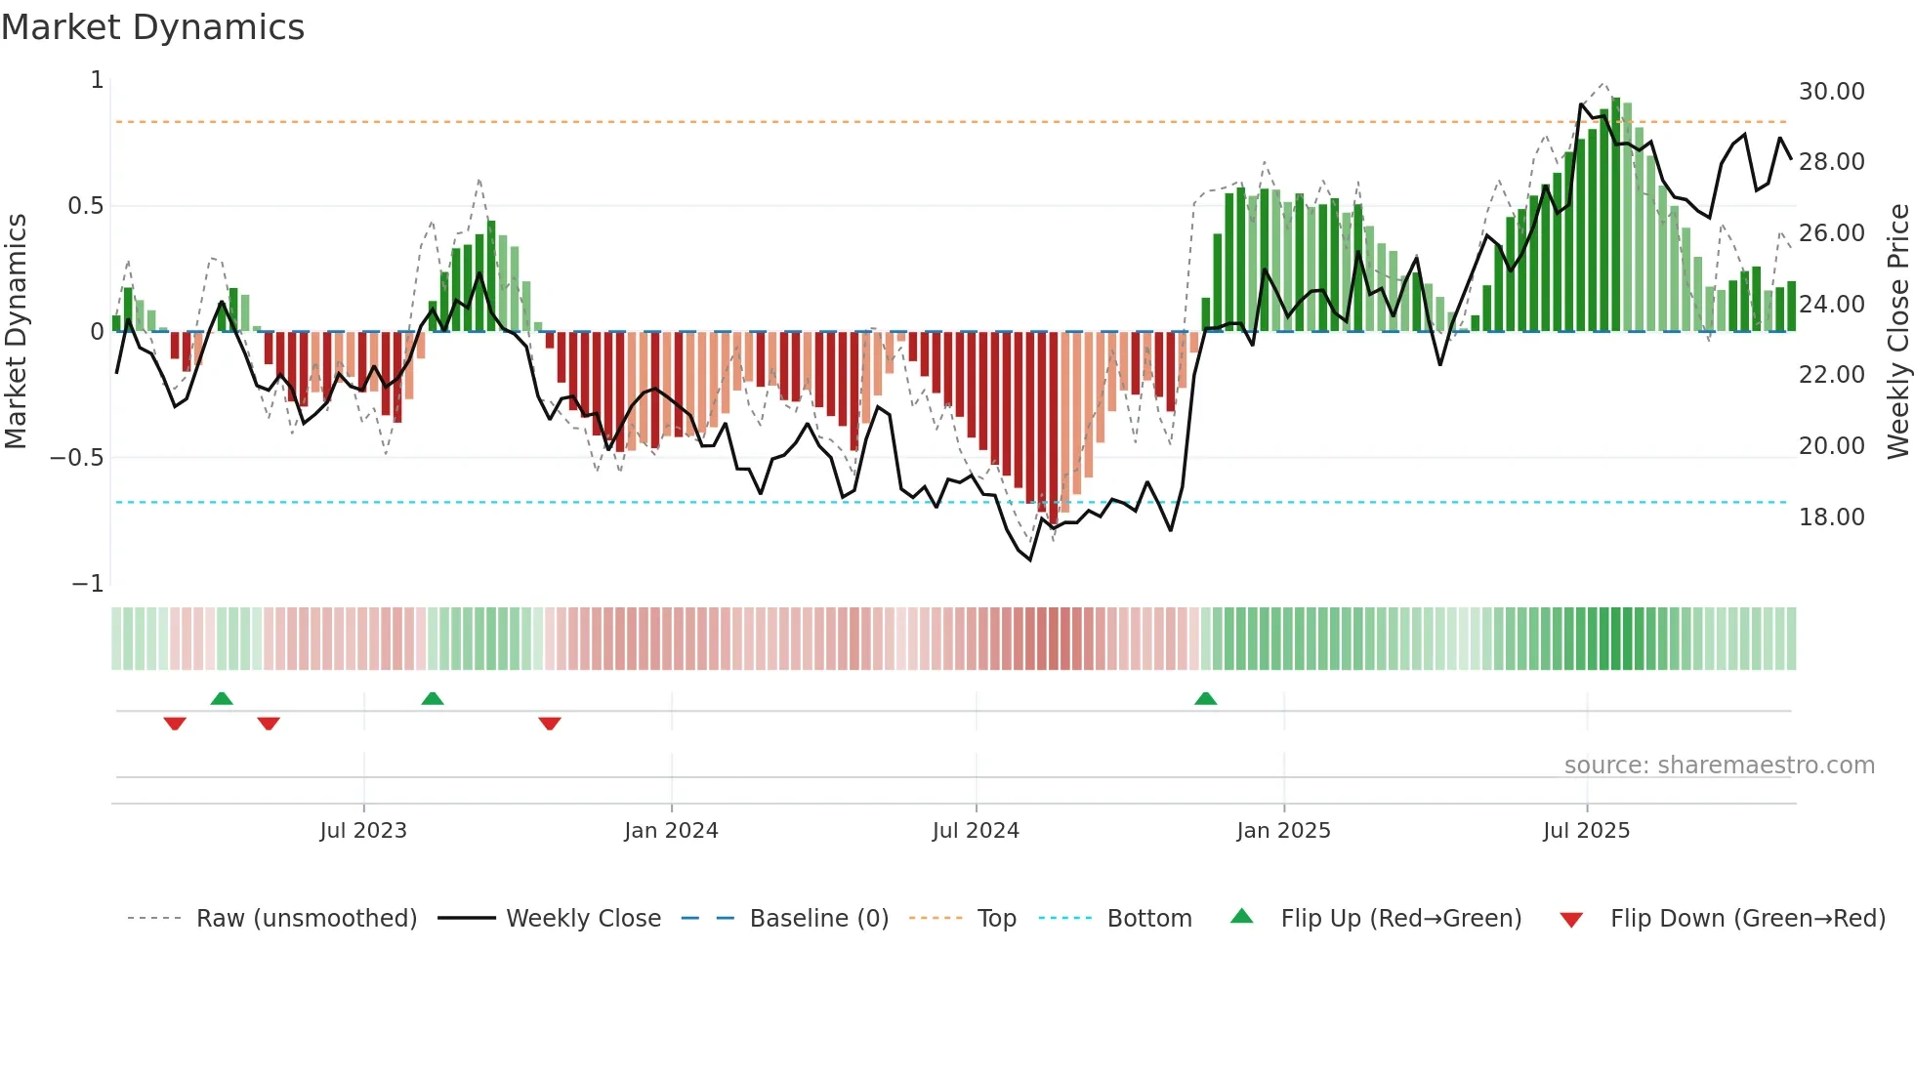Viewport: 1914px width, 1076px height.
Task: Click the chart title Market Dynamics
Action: point(152,27)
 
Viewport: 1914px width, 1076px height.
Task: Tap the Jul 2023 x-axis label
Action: point(362,831)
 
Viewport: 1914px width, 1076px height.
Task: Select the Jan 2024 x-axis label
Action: point(671,831)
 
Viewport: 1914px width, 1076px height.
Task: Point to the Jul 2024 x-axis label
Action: point(976,831)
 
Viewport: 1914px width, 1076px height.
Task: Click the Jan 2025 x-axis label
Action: point(1283,831)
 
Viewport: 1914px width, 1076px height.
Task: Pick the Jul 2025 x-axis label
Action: point(1586,831)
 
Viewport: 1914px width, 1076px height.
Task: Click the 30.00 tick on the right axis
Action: point(1831,92)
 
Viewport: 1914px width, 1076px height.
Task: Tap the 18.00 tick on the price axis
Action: point(1831,517)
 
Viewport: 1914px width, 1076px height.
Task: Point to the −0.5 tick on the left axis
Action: point(77,458)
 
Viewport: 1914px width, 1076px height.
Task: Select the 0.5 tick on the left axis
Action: point(85,206)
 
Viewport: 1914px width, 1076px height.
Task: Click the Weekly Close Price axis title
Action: point(1897,331)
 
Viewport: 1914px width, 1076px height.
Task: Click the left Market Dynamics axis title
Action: point(16,331)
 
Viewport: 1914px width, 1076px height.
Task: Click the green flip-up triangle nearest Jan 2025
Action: point(1206,698)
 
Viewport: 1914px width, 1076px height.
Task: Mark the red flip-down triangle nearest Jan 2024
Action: point(550,724)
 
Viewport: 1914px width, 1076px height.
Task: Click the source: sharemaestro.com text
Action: point(1719,766)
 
